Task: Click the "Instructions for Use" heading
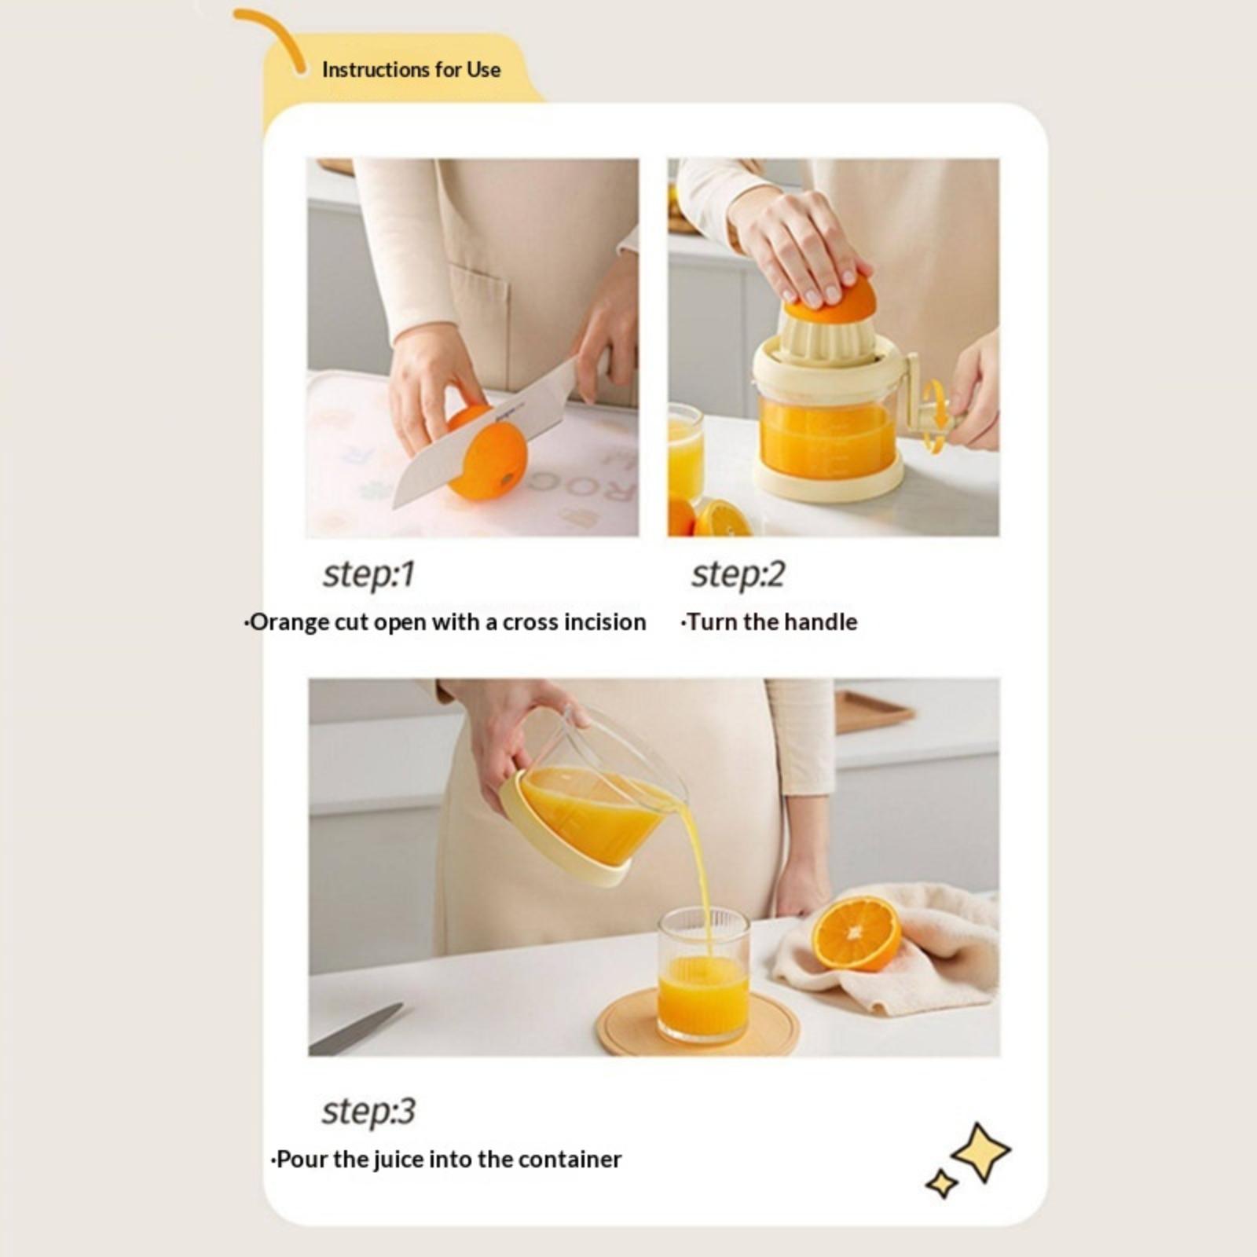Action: tap(411, 70)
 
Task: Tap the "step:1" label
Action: tap(368, 574)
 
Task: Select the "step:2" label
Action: tap(737, 574)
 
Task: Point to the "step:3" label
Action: tap(368, 1111)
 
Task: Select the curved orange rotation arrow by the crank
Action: tap(934, 416)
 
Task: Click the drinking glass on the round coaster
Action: tap(703, 975)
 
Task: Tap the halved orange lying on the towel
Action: tap(856, 934)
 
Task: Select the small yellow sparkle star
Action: tap(941, 1183)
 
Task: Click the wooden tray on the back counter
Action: tap(874, 712)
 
